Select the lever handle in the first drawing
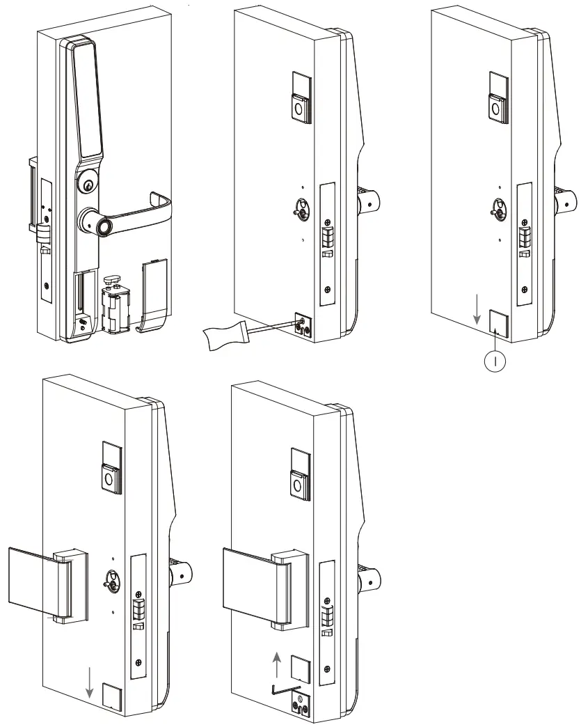[139, 211]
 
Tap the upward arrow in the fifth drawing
[278, 664]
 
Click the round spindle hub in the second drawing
[301, 208]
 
